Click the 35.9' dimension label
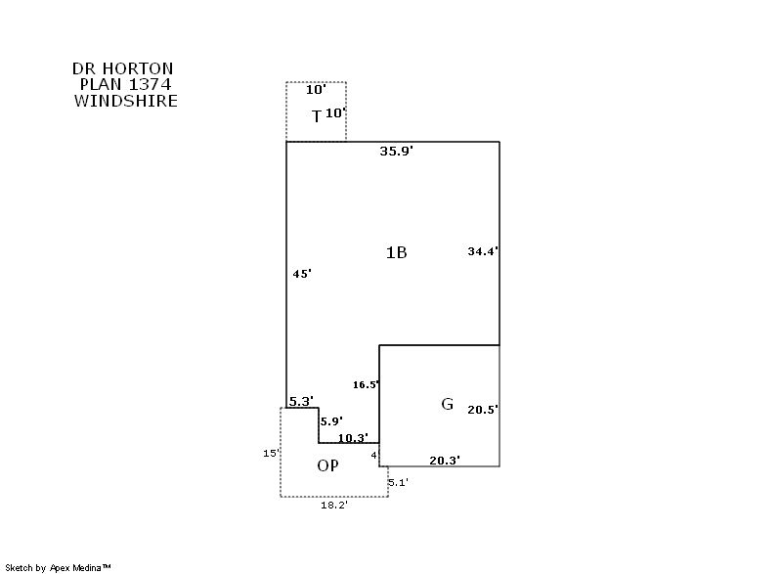click(397, 152)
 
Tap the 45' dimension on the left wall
click(302, 274)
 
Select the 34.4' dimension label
click(483, 251)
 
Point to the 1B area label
click(396, 252)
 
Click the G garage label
click(448, 404)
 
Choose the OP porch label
click(328, 466)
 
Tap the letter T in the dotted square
click(317, 117)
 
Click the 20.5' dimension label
click(483, 410)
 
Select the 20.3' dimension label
click(445, 460)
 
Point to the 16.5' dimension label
click(367, 385)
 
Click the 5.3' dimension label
click(301, 401)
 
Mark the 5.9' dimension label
click(332, 421)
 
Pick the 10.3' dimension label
click(352, 438)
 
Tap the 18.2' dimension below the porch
click(334, 506)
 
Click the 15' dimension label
click(271, 453)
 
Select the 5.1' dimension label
click(398, 482)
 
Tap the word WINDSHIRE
click(125, 101)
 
